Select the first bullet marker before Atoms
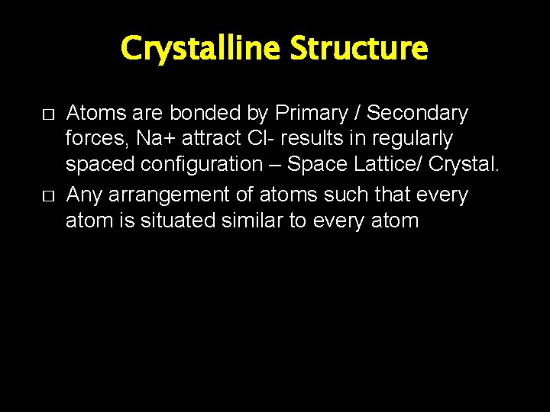click(47, 114)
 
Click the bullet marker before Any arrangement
click(47, 196)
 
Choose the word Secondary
click(417, 114)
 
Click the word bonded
click(201, 114)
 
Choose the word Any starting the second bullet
click(84, 196)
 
